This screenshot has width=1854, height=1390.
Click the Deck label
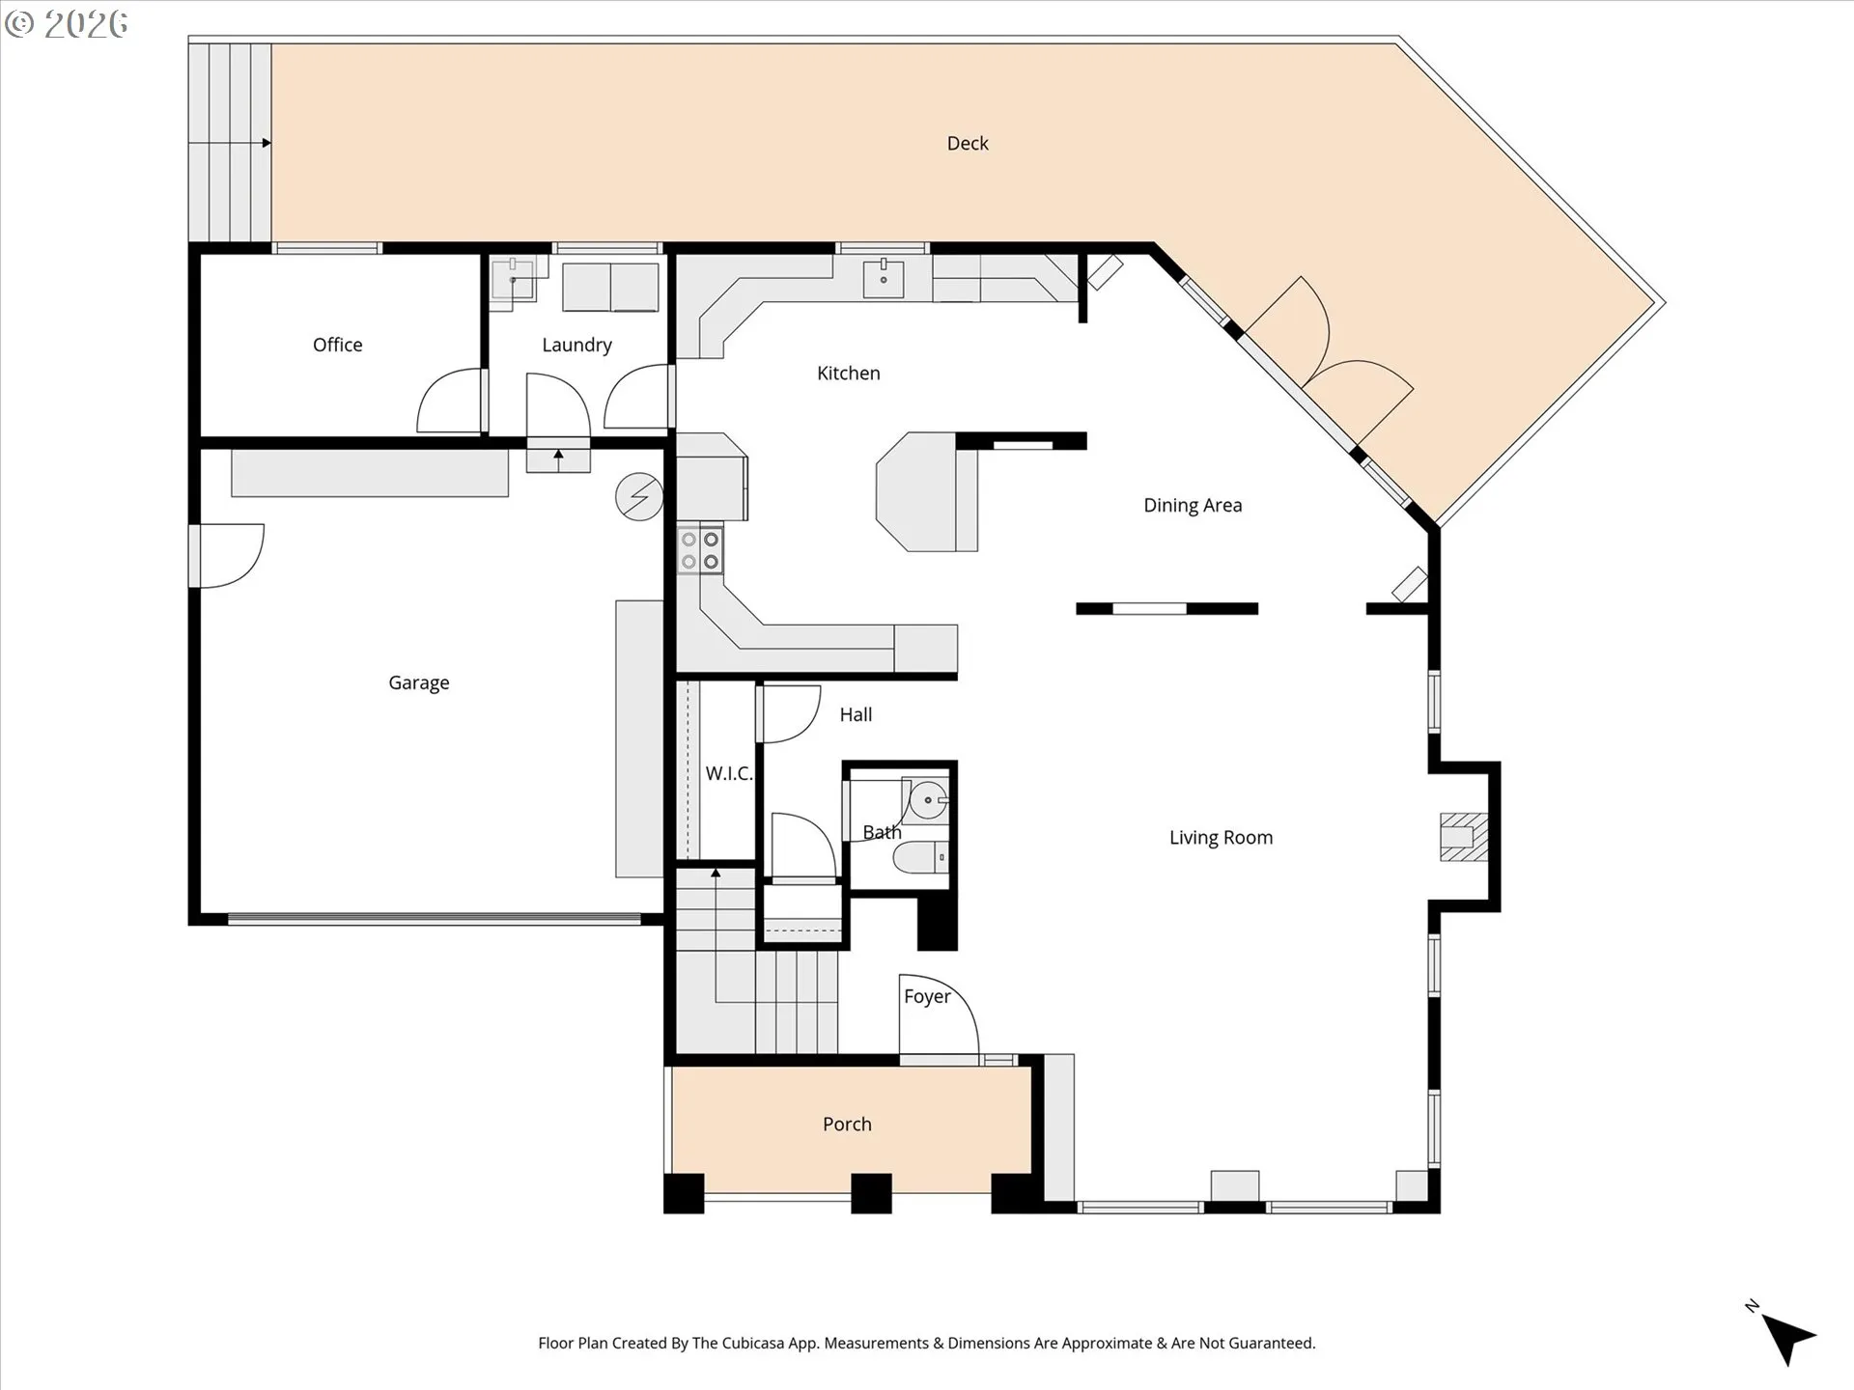[x=968, y=144]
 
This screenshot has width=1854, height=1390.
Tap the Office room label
[x=337, y=345]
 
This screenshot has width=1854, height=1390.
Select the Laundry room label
[x=576, y=345]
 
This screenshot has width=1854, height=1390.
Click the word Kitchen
[x=848, y=373]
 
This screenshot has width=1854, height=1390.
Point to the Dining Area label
[x=1193, y=505]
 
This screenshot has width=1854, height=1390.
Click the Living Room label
[x=1221, y=837]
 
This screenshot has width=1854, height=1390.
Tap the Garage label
[x=418, y=682]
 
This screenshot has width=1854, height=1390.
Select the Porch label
[x=847, y=1124]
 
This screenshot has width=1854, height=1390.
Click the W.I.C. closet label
[x=728, y=773]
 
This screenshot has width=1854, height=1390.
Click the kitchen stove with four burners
[x=700, y=550]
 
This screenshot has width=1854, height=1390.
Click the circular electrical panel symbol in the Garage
[x=639, y=497]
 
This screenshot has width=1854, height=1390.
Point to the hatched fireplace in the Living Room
[x=1463, y=836]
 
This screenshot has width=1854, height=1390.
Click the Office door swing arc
[x=446, y=402]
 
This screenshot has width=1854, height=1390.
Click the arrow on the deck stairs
[x=265, y=143]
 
